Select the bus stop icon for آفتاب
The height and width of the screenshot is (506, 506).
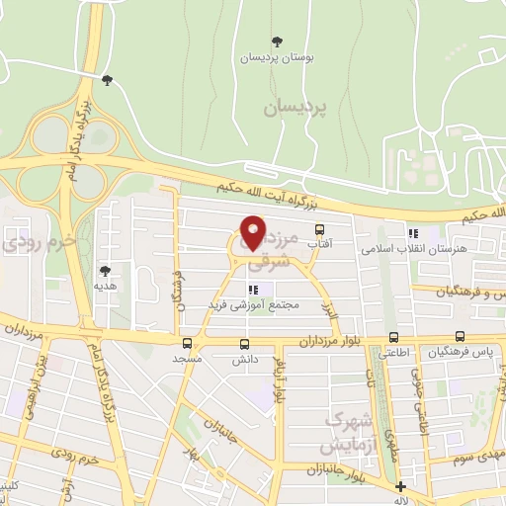319,229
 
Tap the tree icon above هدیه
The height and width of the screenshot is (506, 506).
106,270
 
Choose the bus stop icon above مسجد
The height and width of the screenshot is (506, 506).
186,345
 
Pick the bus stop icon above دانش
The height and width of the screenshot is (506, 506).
244,345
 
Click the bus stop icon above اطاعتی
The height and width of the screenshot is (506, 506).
394,337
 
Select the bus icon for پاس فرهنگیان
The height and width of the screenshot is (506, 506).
461,337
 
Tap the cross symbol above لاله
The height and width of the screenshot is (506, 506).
400,487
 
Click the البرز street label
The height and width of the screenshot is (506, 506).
330,307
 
